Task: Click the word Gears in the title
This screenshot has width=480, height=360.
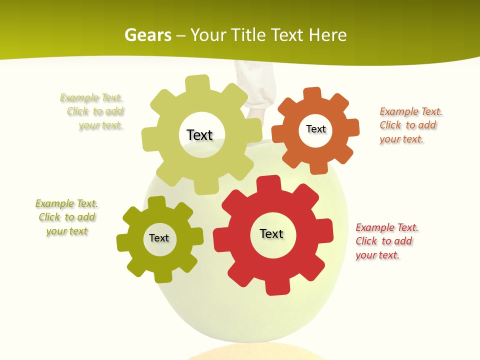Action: pos(147,35)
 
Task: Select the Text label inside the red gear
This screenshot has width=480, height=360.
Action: pos(271,233)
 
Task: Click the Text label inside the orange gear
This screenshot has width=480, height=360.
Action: pos(315,129)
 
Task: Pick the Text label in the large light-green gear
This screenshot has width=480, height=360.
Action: pos(199,135)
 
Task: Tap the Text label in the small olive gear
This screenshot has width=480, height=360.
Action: pos(159,238)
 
